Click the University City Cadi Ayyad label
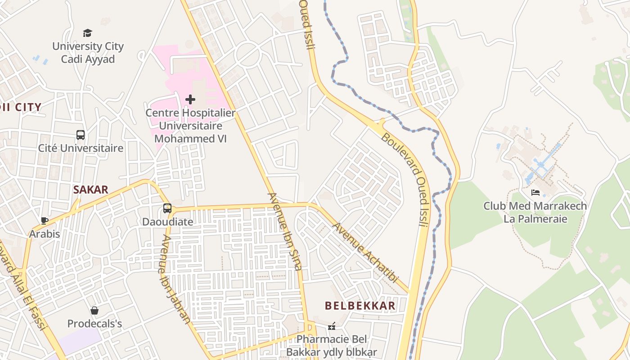88,53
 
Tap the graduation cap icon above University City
87,33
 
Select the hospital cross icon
190,99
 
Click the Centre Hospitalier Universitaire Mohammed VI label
190,126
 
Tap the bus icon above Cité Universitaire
81,135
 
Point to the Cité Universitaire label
81,148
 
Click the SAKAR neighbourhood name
91,189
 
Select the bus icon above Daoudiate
167,208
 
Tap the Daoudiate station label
167,222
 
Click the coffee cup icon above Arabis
45,220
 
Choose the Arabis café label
45,234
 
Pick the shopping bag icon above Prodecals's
94,310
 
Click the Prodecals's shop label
94,324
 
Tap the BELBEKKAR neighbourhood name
360,306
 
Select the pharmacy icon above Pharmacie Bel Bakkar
332,326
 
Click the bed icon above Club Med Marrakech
535,193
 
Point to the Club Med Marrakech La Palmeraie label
535,212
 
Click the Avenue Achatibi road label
365,252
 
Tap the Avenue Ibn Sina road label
284,231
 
